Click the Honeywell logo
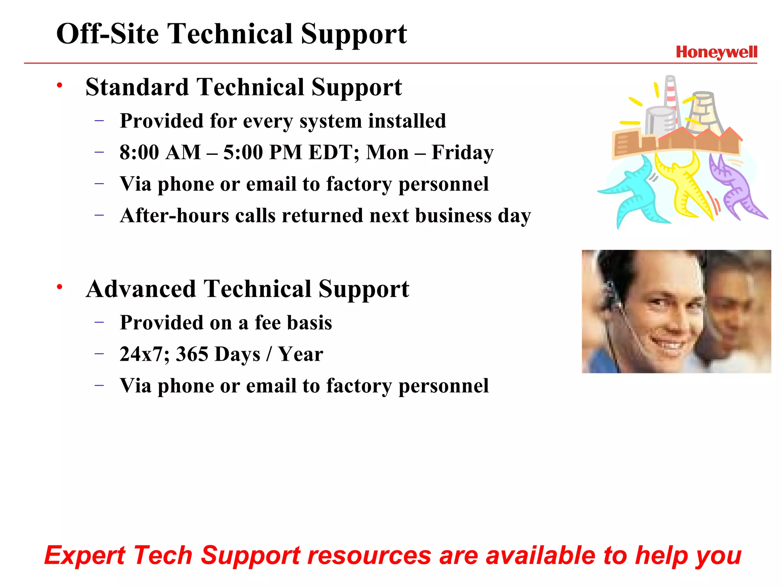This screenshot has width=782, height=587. tap(716, 52)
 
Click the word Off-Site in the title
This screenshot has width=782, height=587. tap(107, 34)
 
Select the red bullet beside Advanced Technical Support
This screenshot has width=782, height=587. tap(59, 287)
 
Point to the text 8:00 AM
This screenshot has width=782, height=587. tap(160, 152)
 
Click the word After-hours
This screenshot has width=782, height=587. tap(174, 215)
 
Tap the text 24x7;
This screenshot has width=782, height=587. tap(144, 354)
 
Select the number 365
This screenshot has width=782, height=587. tap(192, 354)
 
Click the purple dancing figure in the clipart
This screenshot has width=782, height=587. tap(735, 187)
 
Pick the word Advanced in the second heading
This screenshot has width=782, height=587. tap(142, 289)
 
